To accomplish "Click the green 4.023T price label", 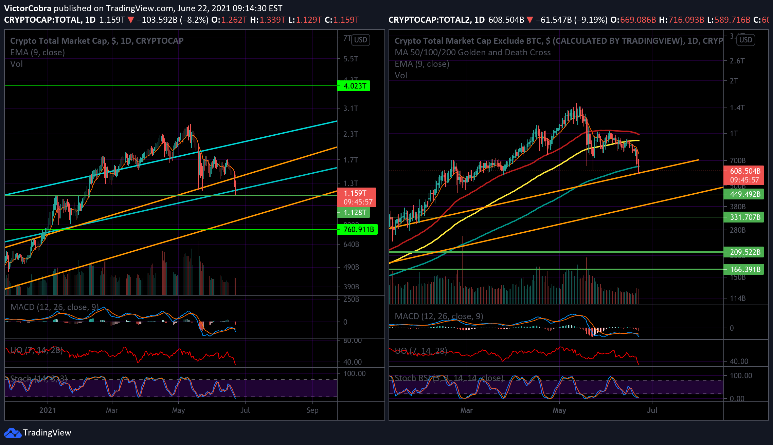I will click(x=354, y=86).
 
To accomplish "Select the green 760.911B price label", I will click(x=357, y=229).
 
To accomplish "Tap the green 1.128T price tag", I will click(x=354, y=212).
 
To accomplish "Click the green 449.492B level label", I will click(x=744, y=194).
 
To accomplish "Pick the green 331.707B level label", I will click(x=744, y=217).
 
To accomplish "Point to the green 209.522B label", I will click(x=744, y=252).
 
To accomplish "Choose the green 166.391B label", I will click(x=744, y=269).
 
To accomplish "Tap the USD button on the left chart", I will click(x=360, y=40).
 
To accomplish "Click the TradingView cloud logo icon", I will click(x=12, y=433).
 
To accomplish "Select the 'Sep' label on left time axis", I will click(x=312, y=410).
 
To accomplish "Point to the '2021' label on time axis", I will click(x=48, y=410).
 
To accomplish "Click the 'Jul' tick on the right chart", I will click(x=652, y=410).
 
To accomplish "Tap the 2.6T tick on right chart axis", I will click(x=737, y=61).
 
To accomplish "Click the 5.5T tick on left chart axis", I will click(x=350, y=59).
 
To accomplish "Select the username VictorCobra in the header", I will click(x=28, y=8).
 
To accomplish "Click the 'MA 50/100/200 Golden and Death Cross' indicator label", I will click(x=472, y=52).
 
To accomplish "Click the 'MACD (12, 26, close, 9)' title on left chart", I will click(x=54, y=307).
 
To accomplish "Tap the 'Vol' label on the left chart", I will click(x=16, y=64).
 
